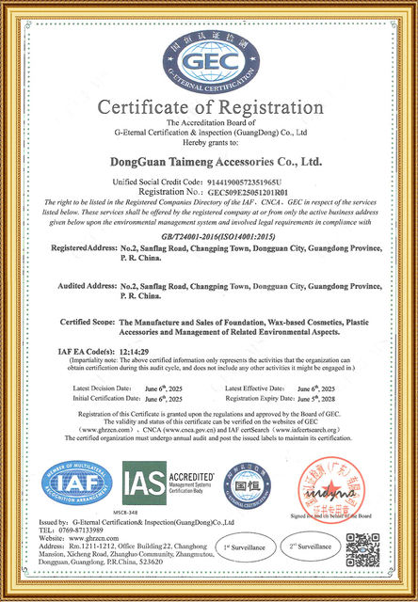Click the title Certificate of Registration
coord(208,106)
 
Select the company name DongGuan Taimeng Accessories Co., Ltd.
coord(208,162)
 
